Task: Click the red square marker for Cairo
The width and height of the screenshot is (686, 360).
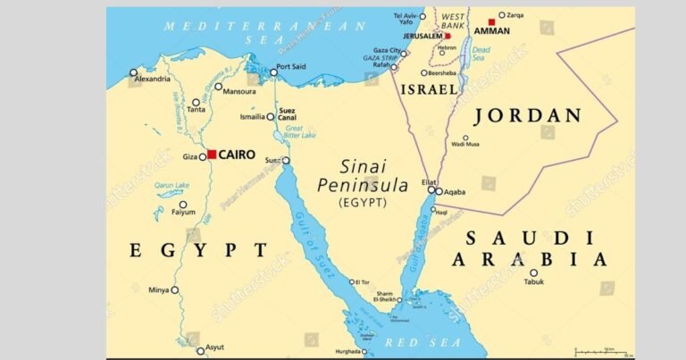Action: point(212,155)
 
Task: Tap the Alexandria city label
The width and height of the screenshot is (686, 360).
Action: point(151,80)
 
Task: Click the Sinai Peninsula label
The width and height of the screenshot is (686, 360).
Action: point(363,176)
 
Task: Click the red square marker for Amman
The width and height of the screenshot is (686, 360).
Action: point(491,21)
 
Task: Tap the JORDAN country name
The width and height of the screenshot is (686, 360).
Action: point(527,115)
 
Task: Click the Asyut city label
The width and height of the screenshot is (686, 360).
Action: point(214,347)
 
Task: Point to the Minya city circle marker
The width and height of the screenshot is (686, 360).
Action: point(175,289)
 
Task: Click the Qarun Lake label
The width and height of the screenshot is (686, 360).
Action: point(171,186)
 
